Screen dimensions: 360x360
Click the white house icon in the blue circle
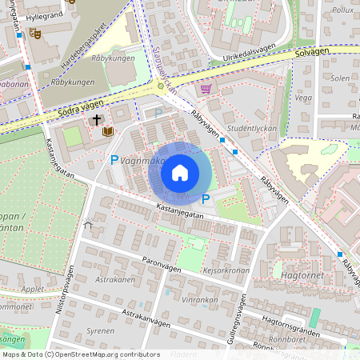coord(180,173)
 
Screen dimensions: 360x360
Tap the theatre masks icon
coord(34,34)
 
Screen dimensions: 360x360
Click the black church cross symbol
coord(97,121)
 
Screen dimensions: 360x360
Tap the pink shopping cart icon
coord(206,89)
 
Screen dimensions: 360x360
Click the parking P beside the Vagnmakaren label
coord(114,160)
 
